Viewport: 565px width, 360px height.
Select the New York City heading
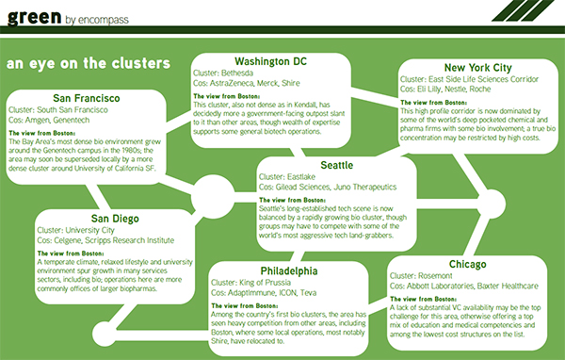456,67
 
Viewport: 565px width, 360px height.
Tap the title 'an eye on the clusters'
88,64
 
